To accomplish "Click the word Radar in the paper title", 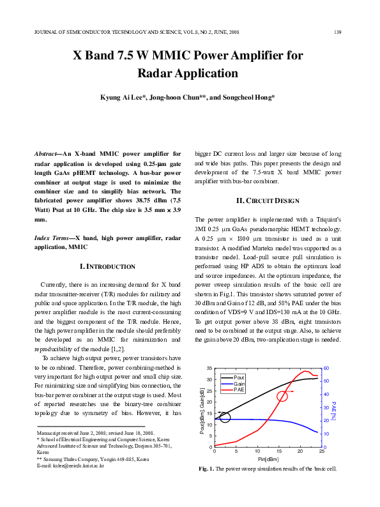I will [158, 73].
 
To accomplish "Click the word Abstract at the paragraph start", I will [47, 154].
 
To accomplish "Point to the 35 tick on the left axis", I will [209, 369].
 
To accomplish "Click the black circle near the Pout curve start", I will [225, 418].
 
